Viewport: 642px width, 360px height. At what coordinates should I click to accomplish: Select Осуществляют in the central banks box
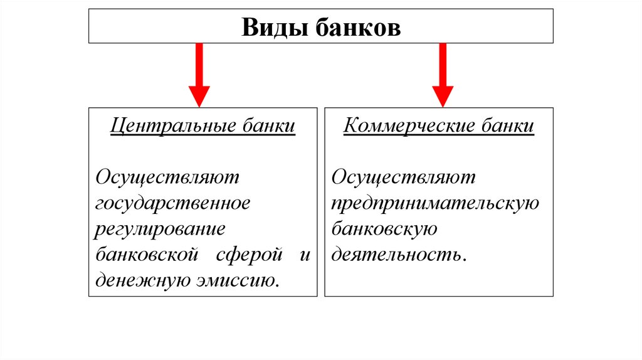[x=167, y=177]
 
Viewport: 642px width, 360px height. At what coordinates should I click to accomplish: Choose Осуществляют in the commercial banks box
[x=404, y=177]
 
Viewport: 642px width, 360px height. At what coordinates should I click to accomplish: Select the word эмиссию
[x=237, y=280]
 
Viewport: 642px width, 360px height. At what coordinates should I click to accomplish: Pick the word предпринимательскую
[x=435, y=203]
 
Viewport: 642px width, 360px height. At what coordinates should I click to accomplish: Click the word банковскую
[x=384, y=229]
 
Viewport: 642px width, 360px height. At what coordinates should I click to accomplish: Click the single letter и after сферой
[x=305, y=255]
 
